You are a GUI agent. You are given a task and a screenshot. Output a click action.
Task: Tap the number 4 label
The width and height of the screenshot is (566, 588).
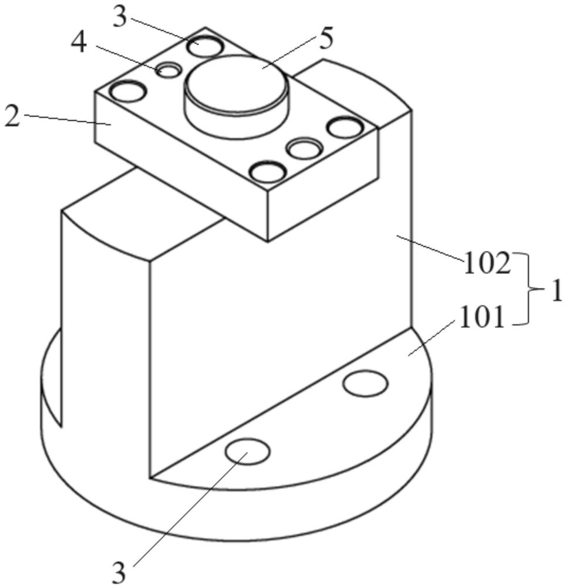(79, 45)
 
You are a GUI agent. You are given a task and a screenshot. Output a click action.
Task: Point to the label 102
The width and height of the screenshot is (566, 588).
(487, 265)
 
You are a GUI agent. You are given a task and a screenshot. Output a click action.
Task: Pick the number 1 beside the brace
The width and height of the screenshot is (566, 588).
(557, 291)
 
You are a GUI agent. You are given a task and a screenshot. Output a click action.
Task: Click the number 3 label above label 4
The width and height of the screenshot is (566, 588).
(120, 17)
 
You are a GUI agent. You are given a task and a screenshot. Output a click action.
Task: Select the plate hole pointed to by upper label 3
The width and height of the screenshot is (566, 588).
(205, 46)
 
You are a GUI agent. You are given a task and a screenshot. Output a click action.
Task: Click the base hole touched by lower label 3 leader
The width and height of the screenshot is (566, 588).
(247, 451)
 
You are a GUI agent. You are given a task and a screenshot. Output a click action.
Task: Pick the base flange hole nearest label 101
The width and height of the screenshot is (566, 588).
(365, 383)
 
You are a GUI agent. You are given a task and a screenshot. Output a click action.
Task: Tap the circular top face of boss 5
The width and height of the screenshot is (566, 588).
(237, 84)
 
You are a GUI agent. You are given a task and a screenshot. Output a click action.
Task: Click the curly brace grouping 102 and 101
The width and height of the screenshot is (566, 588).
(528, 289)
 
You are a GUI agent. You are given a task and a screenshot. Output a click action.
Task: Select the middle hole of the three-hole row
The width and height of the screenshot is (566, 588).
(305, 149)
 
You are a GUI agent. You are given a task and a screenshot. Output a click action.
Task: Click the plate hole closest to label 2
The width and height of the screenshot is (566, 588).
(128, 91)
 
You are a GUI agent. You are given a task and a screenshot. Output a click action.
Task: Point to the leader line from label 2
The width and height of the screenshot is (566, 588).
(68, 119)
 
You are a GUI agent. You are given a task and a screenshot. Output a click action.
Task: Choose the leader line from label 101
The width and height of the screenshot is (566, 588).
(431, 338)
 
